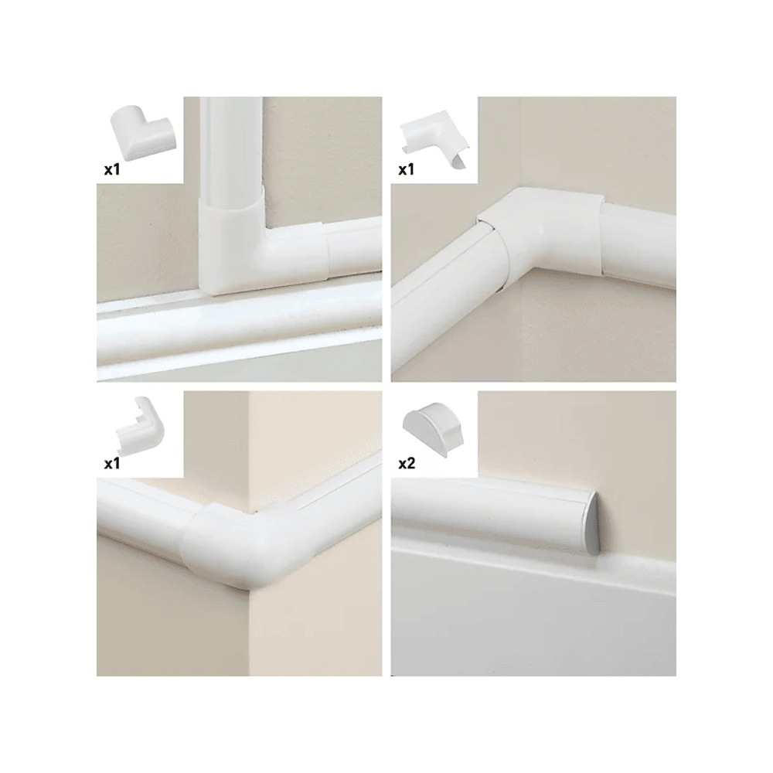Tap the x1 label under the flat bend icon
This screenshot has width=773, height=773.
[x=112, y=169]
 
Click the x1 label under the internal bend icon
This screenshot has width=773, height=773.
[x=407, y=169]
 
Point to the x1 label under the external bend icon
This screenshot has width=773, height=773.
[x=112, y=463]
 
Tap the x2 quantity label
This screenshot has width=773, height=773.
[x=407, y=463]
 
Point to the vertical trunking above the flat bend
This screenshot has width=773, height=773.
[x=230, y=148]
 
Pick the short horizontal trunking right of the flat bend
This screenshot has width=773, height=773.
[x=355, y=251]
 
